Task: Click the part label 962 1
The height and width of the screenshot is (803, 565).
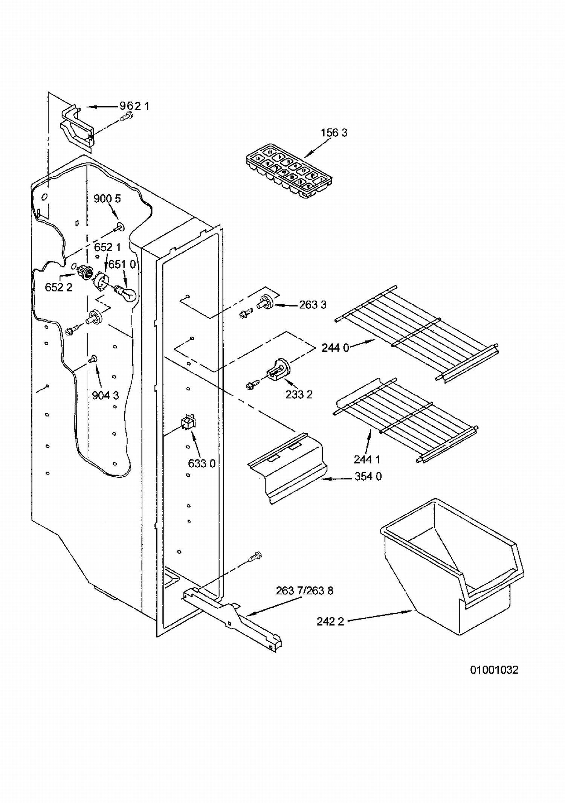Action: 134,106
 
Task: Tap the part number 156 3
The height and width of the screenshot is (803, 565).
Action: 334,133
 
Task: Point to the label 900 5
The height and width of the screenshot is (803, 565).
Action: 107,198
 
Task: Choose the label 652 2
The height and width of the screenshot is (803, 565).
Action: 58,287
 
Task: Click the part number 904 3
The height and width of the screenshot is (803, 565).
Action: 105,395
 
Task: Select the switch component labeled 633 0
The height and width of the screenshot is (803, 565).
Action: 189,423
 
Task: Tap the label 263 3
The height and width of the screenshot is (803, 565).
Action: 313,305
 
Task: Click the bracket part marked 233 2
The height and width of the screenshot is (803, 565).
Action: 277,369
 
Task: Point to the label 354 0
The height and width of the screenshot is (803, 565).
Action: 368,476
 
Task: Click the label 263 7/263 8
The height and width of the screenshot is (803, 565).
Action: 304,590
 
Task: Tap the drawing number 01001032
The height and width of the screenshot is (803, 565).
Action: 494,670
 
